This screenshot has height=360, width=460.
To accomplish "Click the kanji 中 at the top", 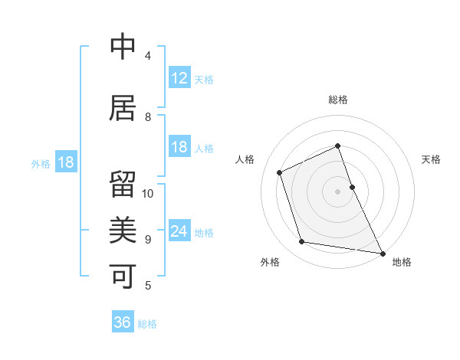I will (123, 47).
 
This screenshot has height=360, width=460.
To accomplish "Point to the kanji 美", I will (123, 229).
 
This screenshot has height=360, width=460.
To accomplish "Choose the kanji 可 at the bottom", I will (123, 275).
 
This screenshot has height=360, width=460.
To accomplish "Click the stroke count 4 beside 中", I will (148, 56).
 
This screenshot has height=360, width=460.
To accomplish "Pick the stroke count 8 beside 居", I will (148, 117).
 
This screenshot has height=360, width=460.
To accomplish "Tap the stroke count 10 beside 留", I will (148, 194).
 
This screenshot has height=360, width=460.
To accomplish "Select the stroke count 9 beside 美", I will (148, 240).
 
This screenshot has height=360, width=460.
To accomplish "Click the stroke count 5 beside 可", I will (148, 286).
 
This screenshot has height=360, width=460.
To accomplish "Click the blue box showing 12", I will (179, 78).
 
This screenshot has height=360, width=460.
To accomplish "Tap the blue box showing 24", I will (179, 231).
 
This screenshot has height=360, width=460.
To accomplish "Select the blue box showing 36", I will (123, 322).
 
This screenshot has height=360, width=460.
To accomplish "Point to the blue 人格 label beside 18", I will (204, 149).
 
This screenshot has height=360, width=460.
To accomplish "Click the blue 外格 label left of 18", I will (41, 164).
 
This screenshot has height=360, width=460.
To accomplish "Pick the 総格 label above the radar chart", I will (338, 100).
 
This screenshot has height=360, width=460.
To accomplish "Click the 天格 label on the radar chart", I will (432, 159).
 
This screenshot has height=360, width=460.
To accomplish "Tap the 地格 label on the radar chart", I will (402, 262).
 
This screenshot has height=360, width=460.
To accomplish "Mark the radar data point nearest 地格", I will (382, 252).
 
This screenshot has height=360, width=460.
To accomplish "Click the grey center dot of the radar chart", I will (338, 191).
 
